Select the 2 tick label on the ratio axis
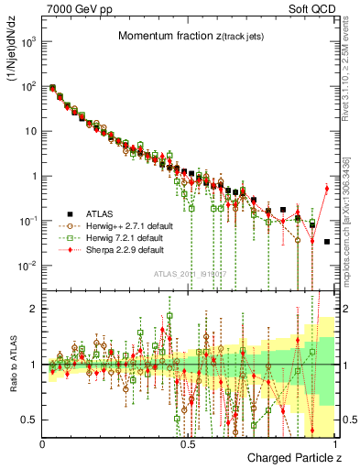[35, 309]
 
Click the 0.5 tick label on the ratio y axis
[30, 420]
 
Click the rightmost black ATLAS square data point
[327, 242]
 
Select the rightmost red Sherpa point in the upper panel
[327, 189]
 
